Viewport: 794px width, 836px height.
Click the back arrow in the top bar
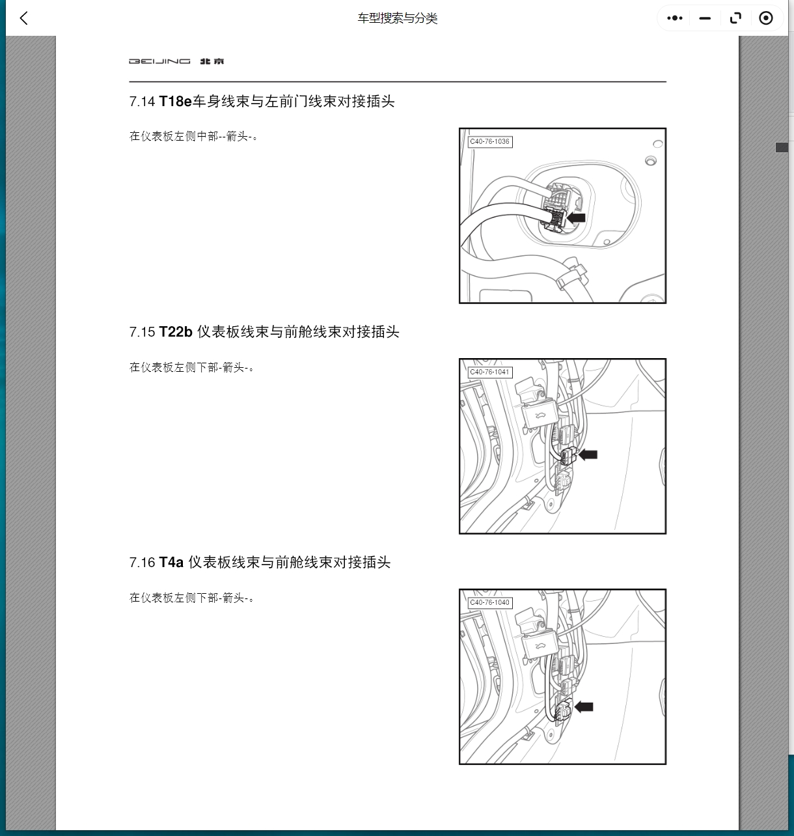(x=24, y=18)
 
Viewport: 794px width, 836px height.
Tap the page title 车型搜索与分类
(x=397, y=18)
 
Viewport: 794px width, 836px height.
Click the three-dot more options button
(x=675, y=18)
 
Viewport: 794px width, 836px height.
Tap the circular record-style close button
(x=766, y=18)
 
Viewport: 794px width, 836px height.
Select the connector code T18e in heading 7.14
(x=175, y=102)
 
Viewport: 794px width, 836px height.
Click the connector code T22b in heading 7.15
(x=176, y=332)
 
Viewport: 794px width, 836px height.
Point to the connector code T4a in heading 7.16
(x=171, y=563)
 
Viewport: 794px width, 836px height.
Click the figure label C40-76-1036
(x=490, y=142)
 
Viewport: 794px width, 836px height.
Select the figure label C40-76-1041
(x=490, y=372)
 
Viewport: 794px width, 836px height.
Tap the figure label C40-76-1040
(x=490, y=603)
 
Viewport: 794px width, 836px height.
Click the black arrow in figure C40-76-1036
(x=577, y=218)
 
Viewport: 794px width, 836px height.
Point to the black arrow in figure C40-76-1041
(x=588, y=454)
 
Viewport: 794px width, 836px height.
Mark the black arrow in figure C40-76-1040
(x=584, y=706)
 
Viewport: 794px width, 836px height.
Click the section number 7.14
(x=142, y=102)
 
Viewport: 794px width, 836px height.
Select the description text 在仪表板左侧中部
(x=174, y=136)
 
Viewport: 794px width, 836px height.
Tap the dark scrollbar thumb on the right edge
(x=782, y=148)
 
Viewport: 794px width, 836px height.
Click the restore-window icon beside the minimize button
(x=735, y=18)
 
